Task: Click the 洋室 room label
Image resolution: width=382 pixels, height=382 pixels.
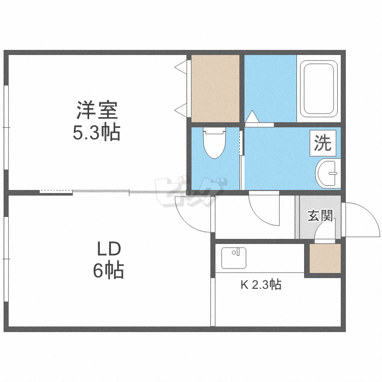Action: tap(97, 110)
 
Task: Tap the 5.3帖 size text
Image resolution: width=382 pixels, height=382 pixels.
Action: tap(97, 133)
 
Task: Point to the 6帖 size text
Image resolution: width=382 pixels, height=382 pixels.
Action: tap(108, 270)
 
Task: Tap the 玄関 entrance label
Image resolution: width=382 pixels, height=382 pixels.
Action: tap(320, 216)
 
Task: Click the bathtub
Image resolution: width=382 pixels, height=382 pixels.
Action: tap(318, 89)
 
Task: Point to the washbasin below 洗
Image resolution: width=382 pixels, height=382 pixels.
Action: tap(327, 173)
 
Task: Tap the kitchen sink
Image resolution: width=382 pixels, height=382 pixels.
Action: tap(234, 259)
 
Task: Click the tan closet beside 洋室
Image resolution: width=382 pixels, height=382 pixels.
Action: tap(215, 88)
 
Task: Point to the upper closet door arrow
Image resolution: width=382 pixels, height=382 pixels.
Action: tap(180, 66)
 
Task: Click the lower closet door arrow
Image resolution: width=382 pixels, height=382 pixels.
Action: tap(180, 108)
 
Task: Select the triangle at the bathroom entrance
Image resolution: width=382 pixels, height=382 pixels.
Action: tap(252, 117)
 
